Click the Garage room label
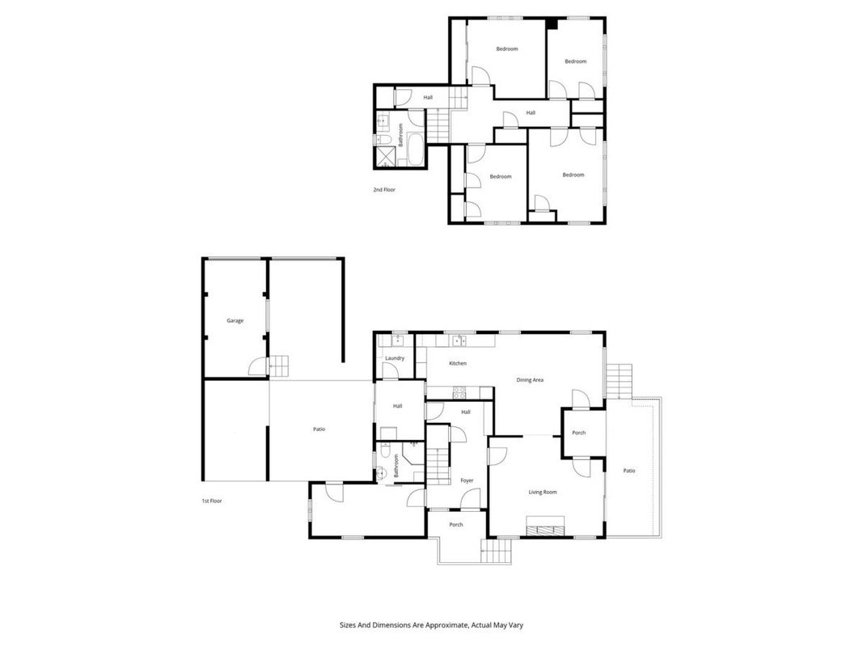(235, 320)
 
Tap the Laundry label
(395, 358)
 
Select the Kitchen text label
(457, 363)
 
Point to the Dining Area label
(530, 379)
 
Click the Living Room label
(543, 492)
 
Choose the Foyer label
(467, 480)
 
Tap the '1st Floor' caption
(212, 501)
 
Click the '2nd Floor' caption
(384, 189)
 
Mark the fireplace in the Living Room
(545, 526)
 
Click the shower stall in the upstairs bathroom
(385, 156)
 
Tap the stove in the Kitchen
(459, 392)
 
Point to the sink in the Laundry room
(397, 340)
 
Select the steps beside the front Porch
(496, 551)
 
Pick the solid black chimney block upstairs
(552, 23)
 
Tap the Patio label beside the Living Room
(629, 471)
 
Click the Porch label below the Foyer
(456, 524)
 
